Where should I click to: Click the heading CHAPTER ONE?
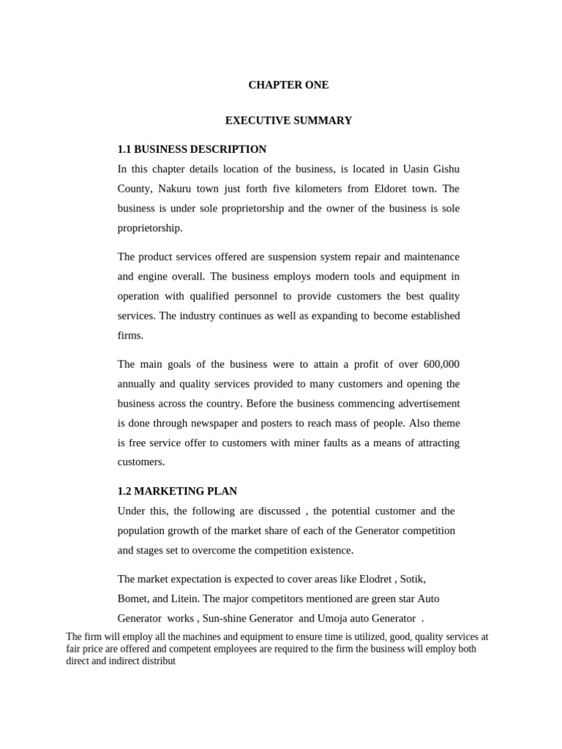[288, 85]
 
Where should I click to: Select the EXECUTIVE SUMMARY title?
[288, 121]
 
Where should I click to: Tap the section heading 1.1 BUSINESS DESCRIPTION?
[192, 149]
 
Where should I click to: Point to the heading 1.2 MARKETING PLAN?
[177, 492]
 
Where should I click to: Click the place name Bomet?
[132, 598]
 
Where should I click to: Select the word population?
[143, 530]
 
